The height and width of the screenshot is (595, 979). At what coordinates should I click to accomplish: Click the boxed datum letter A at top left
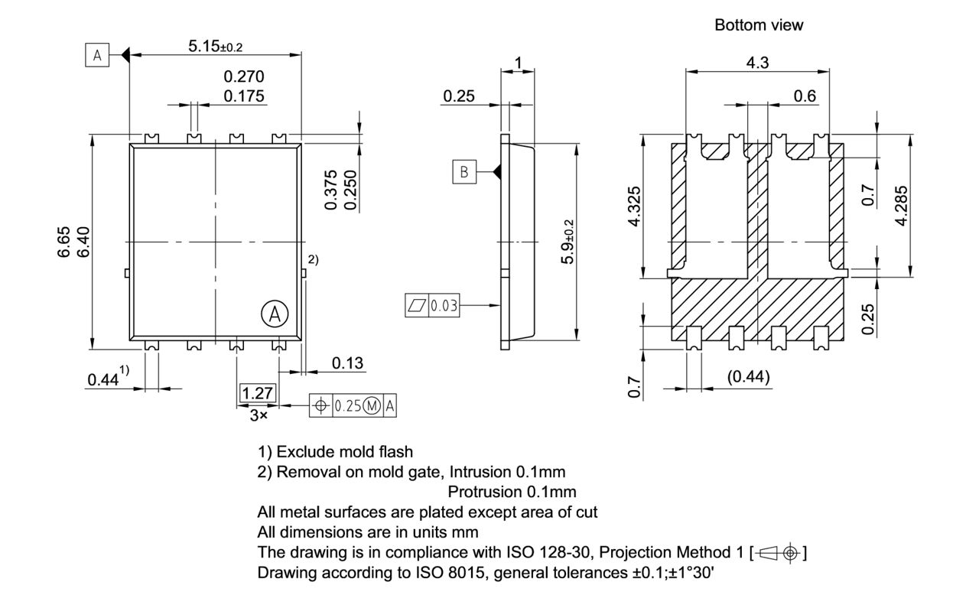pos(96,55)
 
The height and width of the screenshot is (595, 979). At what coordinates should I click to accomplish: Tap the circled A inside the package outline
pos(275,313)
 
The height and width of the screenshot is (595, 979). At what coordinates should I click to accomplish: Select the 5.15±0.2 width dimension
pos(215,47)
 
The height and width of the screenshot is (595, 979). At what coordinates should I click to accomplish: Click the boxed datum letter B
pos(464,172)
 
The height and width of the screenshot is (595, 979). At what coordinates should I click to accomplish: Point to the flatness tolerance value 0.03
pos(444,306)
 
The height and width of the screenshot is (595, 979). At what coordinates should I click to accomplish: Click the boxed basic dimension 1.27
pos(257,393)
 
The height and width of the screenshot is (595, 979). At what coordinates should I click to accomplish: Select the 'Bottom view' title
pos(759,25)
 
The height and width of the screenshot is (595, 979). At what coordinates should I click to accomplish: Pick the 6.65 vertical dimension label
pos(66,242)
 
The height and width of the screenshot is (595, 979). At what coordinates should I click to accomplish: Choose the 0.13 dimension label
pos(347,363)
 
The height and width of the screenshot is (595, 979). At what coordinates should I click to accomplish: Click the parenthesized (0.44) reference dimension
pos(746,377)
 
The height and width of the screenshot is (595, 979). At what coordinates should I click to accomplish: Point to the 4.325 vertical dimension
pos(634,206)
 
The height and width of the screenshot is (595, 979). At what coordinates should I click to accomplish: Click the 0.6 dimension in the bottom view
pos(805,96)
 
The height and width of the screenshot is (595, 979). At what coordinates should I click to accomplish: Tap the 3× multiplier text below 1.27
pos(258,415)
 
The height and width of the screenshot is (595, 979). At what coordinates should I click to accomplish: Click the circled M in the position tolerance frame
pos(372,406)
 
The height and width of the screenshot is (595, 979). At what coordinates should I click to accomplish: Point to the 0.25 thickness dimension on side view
pos(459,96)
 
